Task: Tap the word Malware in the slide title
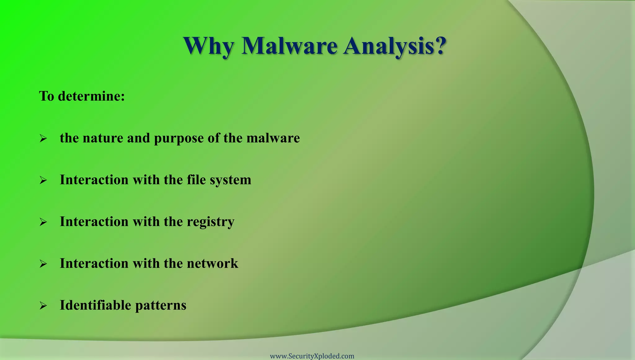(x=289, y=46)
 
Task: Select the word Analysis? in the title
(x=395, y=46)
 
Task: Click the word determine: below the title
(x=91, y=96)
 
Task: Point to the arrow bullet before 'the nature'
(x=43, y=138)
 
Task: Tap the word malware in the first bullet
(x=273, y=138)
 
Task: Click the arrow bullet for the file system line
(x=43, y=180)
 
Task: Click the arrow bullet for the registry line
(x=43, y=222)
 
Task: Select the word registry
(x=211, y=222)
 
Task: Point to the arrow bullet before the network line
(x=43, y=264)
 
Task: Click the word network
(x=212, y=264)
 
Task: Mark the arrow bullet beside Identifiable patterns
(x=43, y=306)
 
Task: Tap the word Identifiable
(x=95, y=305)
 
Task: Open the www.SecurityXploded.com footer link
(x=312, y=356)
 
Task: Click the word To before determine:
(x=47, y=96)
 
